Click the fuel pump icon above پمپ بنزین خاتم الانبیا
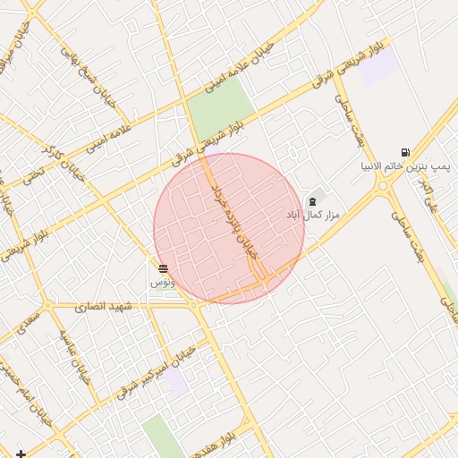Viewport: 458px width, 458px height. tap(407, 152)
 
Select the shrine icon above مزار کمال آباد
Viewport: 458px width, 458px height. tap(311, 202)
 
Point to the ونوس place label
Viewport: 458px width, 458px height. tap(162, 282)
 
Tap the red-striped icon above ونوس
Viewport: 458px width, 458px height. tap(162, 268)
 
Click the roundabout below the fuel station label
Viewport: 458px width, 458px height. tap(385, 188)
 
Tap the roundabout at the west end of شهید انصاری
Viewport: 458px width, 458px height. tap(194, 306)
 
